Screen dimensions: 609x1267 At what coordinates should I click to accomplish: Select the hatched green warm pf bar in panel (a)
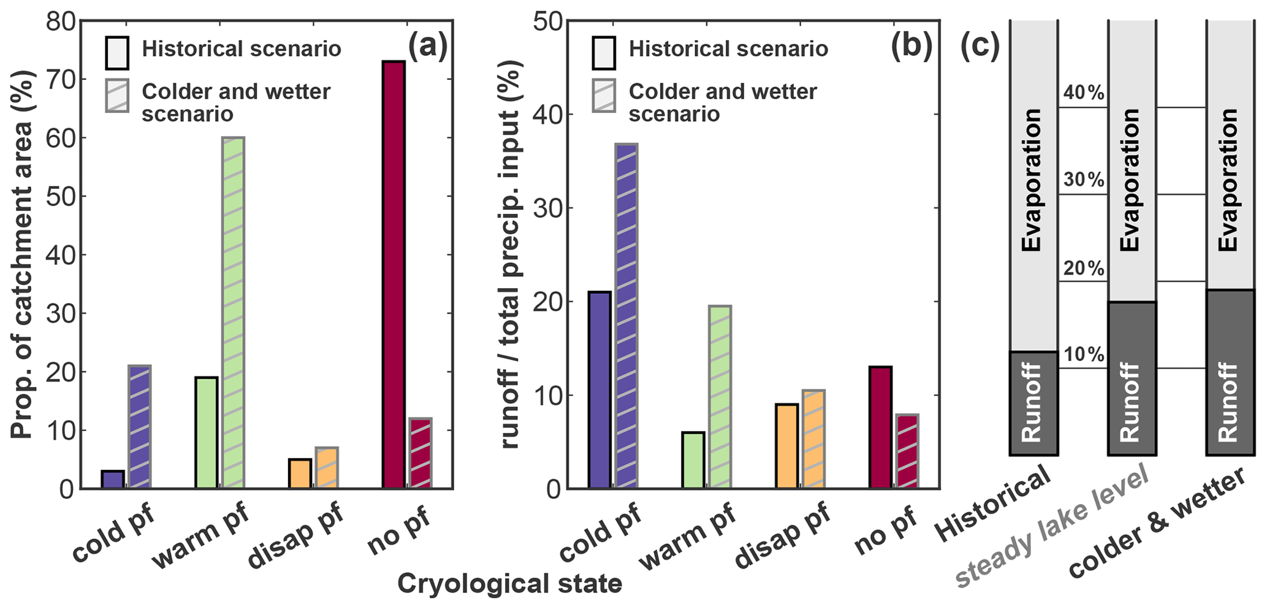(234, 313)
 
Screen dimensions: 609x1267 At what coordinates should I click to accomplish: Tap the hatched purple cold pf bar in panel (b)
(626, 316)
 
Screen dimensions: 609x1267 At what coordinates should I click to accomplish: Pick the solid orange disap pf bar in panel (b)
(786, 446)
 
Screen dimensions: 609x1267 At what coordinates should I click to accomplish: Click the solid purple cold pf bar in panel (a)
(113, 480)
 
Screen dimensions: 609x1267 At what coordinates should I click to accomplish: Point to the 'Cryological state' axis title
(509, 584)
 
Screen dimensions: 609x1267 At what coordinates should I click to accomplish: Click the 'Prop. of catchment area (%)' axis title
(23, 255)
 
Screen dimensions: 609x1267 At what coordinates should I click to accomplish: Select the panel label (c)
(980, 47)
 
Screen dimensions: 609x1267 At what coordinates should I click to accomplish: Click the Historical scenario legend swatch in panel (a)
(117, 53)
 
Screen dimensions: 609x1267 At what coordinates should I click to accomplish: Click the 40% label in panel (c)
(1084, 93)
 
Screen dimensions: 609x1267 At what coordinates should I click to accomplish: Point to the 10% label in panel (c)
(1084, 354)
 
